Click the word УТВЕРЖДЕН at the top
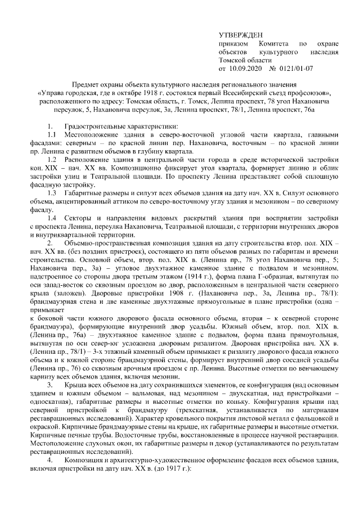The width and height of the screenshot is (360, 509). pos(239,34)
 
